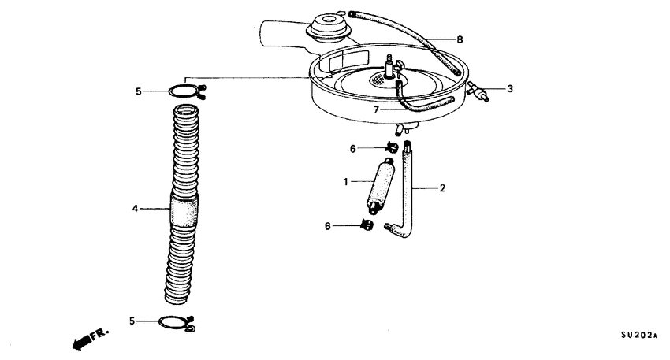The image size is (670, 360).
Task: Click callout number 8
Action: [x=460, y=39]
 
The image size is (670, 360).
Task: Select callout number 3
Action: [x=510, y=89]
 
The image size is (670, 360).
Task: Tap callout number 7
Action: [x=376, y=110]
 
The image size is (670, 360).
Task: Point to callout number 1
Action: [x=346, y=182]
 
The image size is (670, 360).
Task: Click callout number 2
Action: [x=443, y=188]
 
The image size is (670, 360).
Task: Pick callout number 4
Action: [x=135, y=209]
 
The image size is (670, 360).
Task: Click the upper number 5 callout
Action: [x=138, y=91]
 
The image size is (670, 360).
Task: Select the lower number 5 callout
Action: [x=132, y=321]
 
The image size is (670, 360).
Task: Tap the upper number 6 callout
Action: [x=352, y=149]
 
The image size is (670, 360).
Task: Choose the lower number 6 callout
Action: [x=327, y=226]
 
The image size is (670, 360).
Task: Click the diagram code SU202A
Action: [x=638, y=336]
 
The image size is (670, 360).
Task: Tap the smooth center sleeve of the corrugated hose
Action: [x=184, y=210]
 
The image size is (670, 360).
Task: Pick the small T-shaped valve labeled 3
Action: [x=478, y=91]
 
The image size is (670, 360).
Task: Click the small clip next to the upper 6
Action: [x=392, y=147]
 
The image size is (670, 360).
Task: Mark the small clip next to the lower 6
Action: [x=367, y=225]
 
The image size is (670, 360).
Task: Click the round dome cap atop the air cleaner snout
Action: [x=329, y=28]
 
